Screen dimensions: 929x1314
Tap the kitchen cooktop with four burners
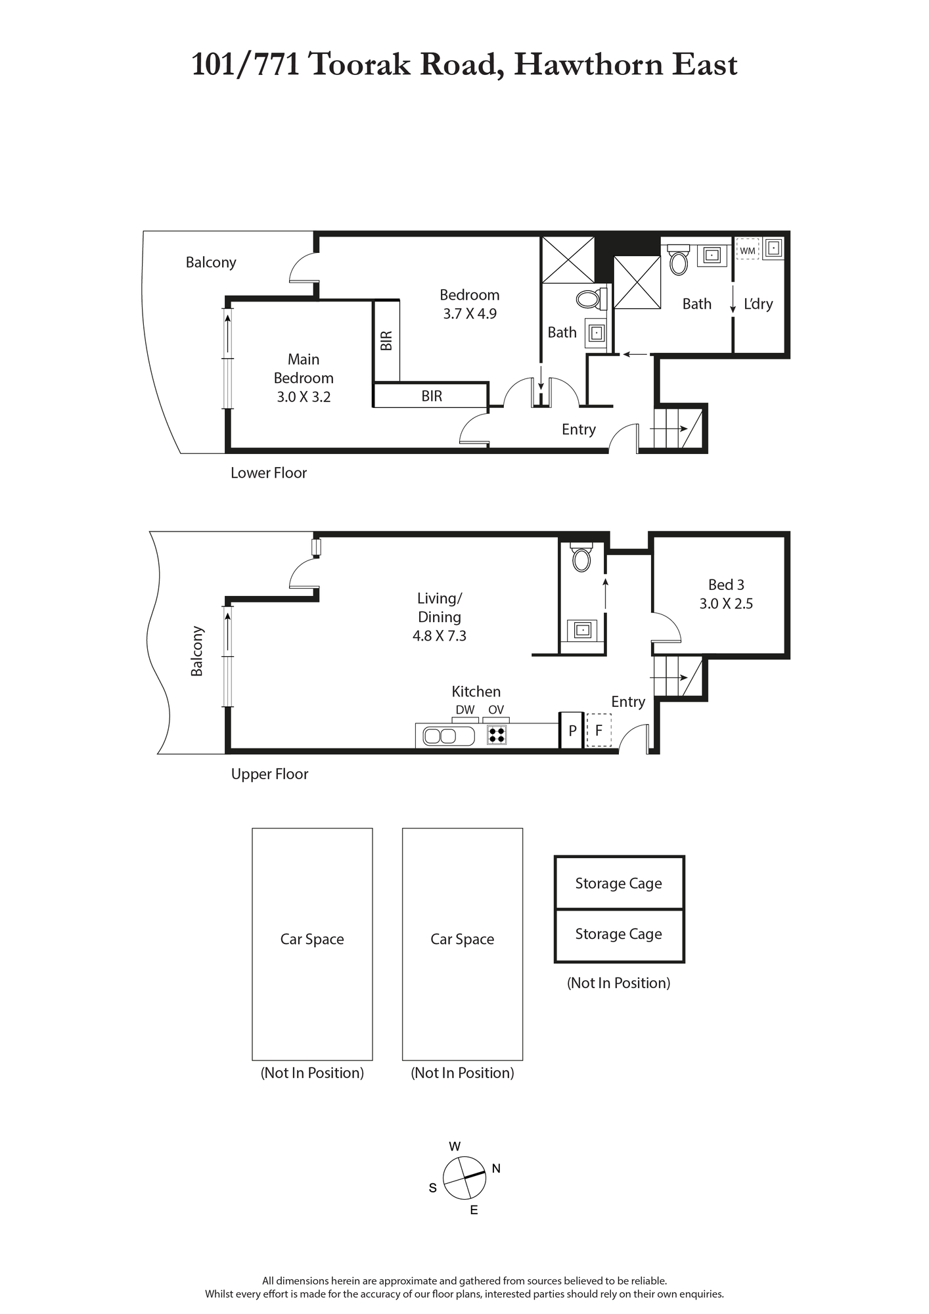point(497,735)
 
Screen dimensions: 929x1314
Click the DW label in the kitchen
point(465,710)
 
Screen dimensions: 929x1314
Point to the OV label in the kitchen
point(496,710)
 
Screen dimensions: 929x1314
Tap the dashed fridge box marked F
point(599,730)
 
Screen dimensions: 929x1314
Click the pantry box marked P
point(572,730)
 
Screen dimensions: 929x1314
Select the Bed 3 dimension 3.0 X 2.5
point(726,604)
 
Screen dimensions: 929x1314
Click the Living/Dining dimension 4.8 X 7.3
point(440,636)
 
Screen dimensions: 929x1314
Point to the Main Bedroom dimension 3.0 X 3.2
point(304,397)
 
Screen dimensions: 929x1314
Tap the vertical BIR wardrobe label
point(386,340)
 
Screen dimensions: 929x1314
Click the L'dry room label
point(758,304)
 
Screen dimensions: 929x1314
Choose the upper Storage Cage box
point(619,883)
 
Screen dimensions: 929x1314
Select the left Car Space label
point(312,940)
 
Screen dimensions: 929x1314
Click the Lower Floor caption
point(269,473)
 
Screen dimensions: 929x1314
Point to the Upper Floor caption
point(269,775)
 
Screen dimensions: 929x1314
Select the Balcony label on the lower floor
point(211,263)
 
